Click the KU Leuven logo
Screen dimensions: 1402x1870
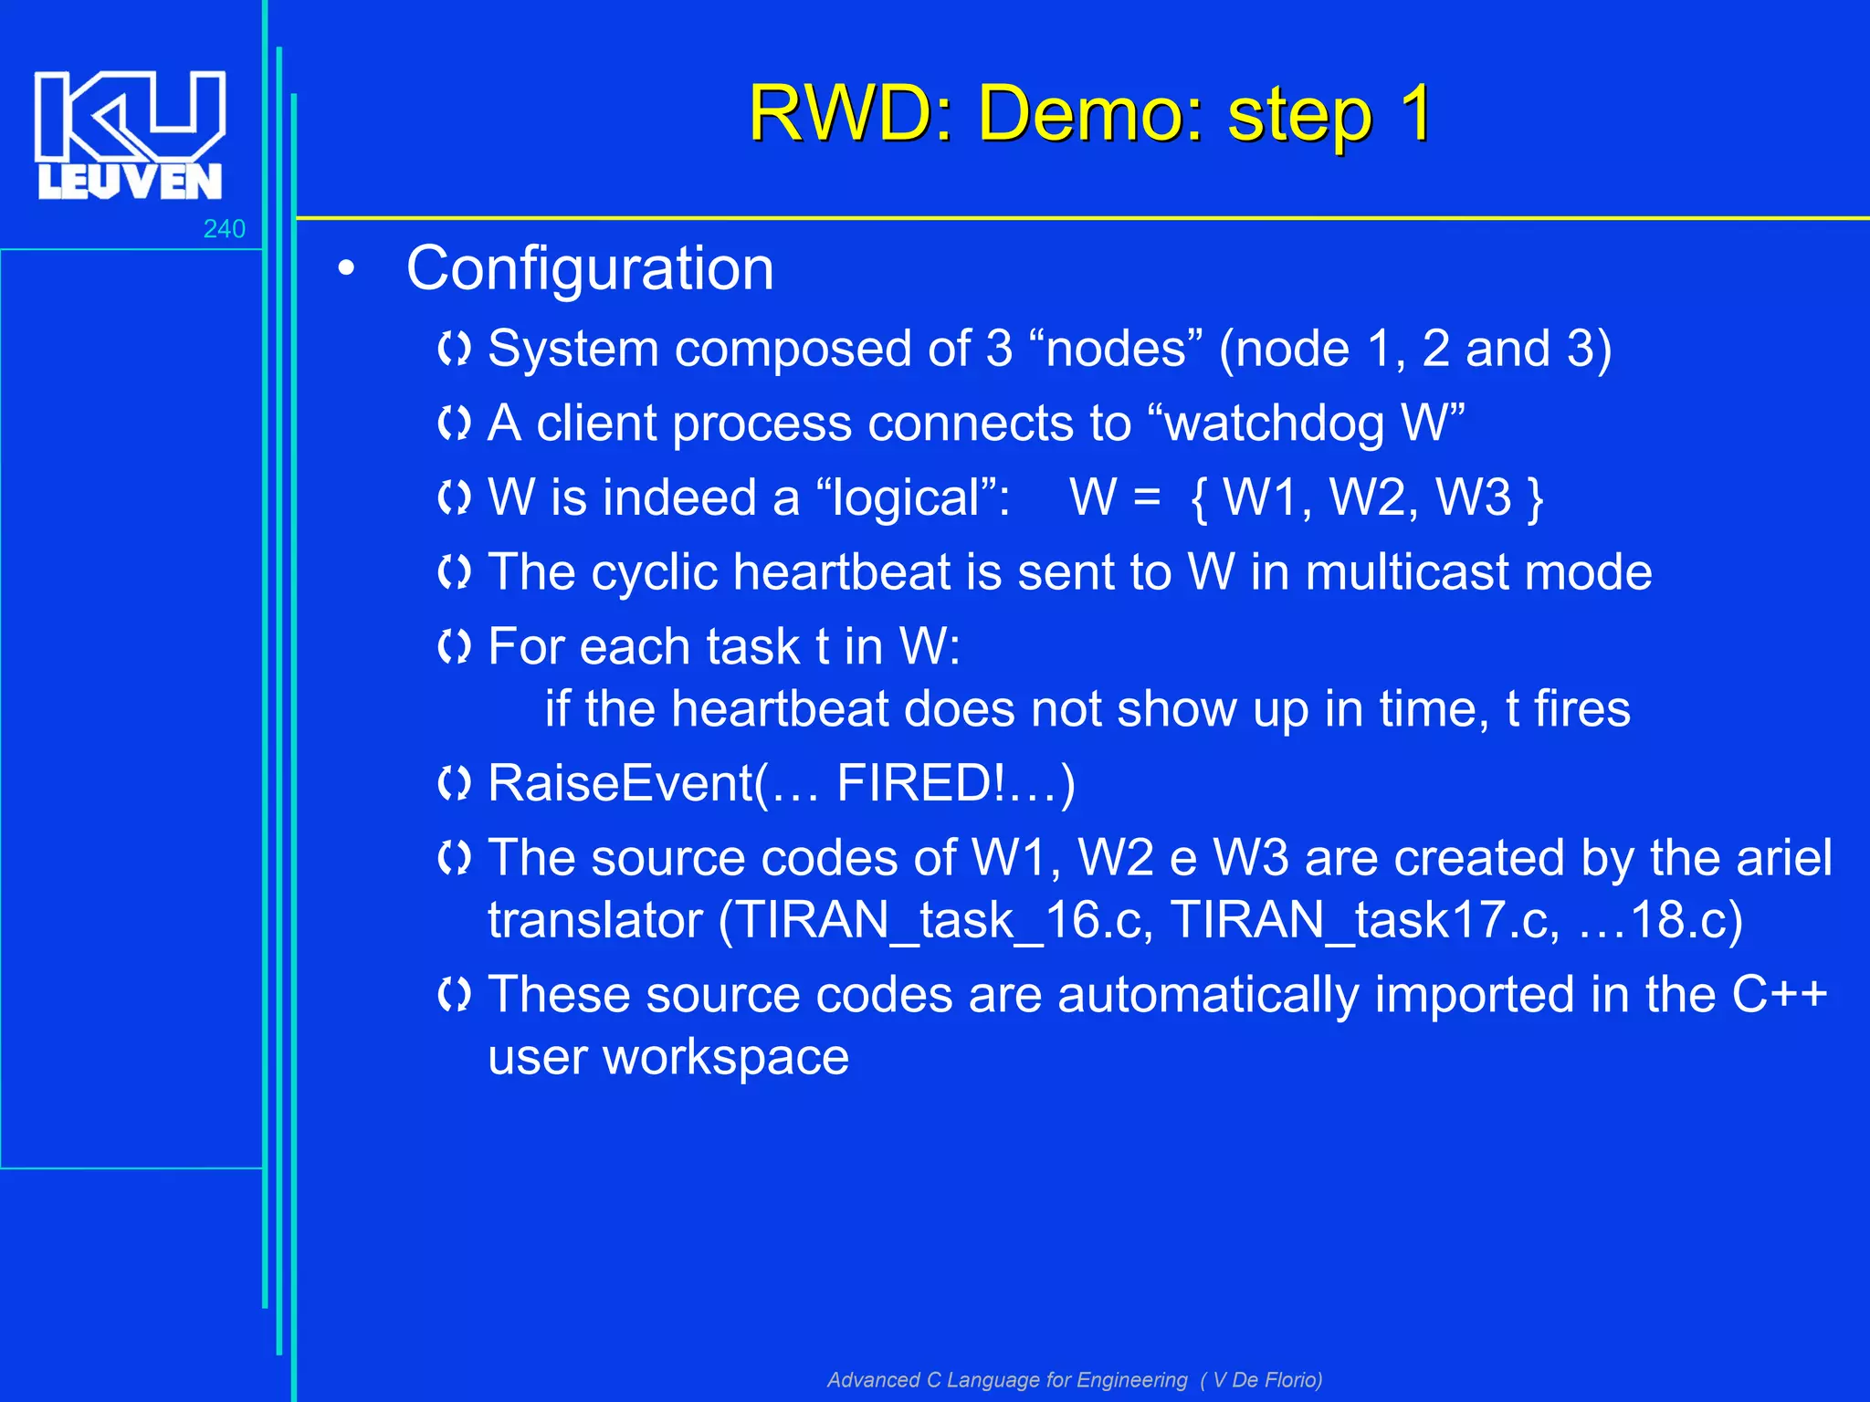tap(130, 134)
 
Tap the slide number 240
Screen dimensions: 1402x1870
tap(224, 228)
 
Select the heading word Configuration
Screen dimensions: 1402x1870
tap(590, 269)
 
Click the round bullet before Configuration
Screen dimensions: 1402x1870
tap(346, 270)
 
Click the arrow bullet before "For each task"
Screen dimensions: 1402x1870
tap(454, 647)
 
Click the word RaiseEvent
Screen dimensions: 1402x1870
tap(621, 784)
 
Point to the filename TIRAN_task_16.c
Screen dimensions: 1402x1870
tap(944, 920)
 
